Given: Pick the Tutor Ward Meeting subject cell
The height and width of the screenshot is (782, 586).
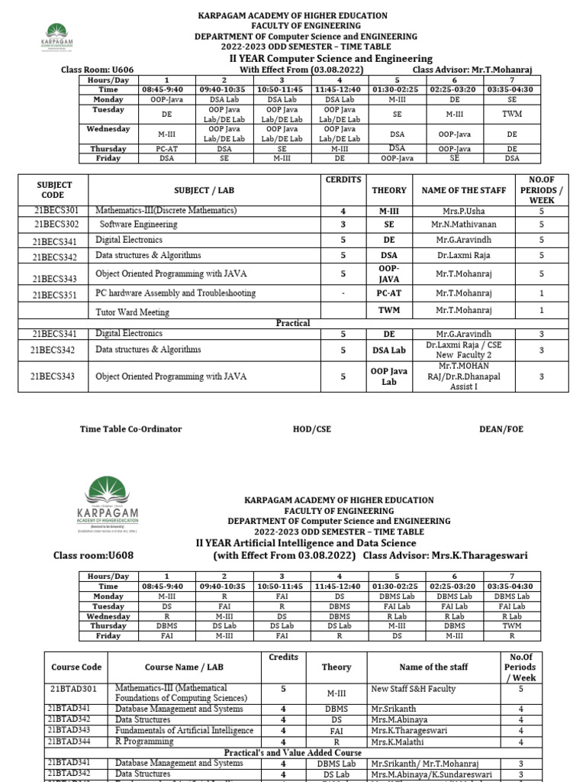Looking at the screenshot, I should (x=133, y=312).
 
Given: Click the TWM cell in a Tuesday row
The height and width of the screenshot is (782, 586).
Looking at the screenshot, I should (x=511, y=113).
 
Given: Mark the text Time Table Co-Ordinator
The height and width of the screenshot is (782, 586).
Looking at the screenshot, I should (x=131, y=429).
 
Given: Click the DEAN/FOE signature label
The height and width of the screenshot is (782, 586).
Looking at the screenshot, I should (x=501, y=429).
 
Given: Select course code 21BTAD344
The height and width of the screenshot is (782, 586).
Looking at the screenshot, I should (x=74, y=741).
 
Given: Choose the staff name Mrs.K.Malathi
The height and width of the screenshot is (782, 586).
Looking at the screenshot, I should (x=398, y=741).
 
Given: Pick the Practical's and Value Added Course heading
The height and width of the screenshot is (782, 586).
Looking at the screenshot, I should (x=293, y=752).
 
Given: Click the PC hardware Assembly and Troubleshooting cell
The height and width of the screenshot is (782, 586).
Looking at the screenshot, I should (x=175, y=293).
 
